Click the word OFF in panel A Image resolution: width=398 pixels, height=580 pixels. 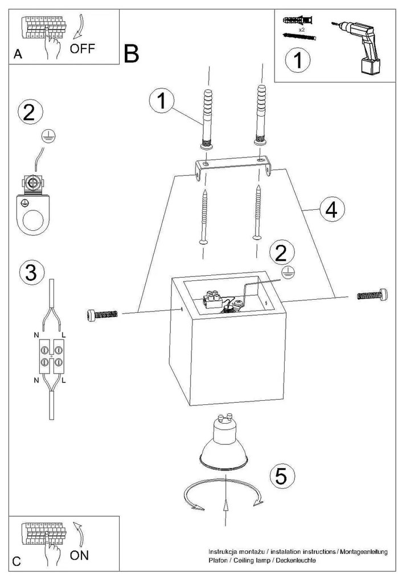coord(83,48)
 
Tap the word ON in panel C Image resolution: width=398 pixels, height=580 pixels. coord(79,554)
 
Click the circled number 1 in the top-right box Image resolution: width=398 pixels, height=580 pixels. coord(298,60)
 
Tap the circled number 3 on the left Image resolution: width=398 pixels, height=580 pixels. coord(31,272)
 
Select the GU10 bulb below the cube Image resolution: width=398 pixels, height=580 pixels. coord(226,446)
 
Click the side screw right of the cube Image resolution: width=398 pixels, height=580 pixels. coord(372,295)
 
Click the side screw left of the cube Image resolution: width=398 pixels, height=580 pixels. coord(103,314)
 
